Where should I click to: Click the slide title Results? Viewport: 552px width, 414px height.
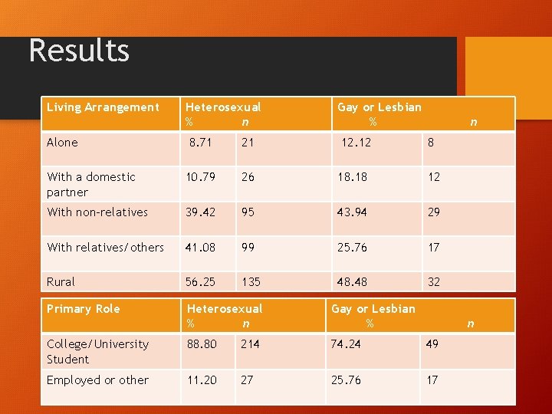tap(79, 51)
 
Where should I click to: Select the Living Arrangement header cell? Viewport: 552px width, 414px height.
tap(103, 107)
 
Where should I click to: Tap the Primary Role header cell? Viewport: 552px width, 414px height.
tap(83, 309)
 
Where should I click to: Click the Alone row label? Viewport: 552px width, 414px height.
tap(62, 143)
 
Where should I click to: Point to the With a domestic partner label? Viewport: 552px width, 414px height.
tap(90, 185)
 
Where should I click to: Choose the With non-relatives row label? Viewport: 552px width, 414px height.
tap(97, 212)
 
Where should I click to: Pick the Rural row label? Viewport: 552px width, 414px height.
tap(61, 281)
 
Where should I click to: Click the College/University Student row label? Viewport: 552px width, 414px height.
tap(97, 352)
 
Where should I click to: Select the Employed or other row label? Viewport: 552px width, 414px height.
tap(97, 380)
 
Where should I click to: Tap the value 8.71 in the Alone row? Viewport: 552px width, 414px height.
tap(201, 143)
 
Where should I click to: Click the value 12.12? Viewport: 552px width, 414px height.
tap(356, 143)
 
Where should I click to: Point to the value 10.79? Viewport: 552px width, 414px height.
tap(201, 177)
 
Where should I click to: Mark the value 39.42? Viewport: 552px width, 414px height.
tap(201, 212)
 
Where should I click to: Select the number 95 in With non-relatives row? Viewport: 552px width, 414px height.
tap(248, 212)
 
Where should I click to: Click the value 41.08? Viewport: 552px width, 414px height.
tap(201, 247)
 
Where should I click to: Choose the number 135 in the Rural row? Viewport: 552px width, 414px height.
tap(251, 281)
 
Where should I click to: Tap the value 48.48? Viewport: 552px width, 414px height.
tap(352, 281)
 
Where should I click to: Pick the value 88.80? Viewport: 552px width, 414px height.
tap(202, 344)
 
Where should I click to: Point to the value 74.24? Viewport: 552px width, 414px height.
tap(347, 344)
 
